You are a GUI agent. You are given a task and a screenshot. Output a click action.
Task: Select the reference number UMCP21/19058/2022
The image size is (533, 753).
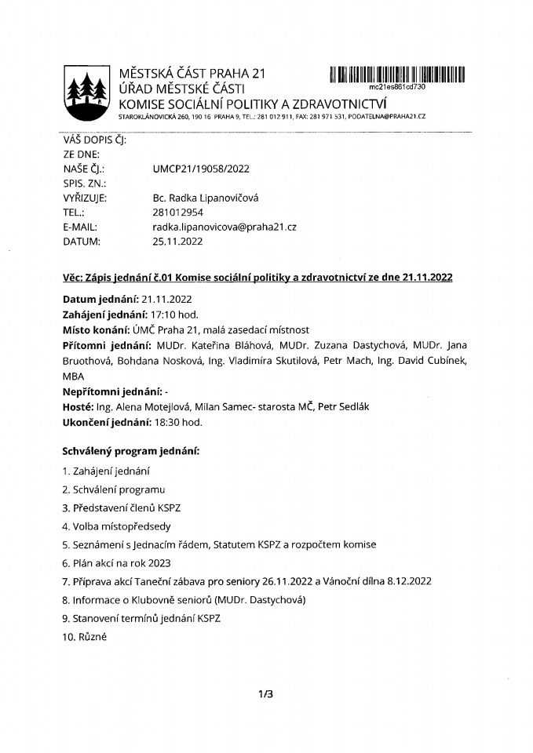[201, 168]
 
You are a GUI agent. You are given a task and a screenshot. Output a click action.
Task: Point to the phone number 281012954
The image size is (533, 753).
[178, 212]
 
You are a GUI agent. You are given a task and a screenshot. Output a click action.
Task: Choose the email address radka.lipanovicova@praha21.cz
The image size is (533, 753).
[225, 227]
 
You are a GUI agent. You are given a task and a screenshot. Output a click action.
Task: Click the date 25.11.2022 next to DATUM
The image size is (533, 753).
[177, 242]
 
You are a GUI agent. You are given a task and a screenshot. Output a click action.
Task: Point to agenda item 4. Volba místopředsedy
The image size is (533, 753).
[116, 526]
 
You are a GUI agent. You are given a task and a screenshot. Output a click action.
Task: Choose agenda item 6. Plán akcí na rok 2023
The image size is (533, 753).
[115, 562]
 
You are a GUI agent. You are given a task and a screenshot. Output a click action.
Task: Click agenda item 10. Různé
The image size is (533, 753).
[83, 637]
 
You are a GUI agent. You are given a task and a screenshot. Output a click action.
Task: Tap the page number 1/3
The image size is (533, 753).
[266, 693]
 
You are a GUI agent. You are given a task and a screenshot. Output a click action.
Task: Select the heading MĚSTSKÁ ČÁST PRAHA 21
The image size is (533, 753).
[193, 75]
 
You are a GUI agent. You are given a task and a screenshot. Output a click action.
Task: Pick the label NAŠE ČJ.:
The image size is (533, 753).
[83, 168]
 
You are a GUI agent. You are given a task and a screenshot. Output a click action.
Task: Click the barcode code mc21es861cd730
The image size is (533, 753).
[396, 87]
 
